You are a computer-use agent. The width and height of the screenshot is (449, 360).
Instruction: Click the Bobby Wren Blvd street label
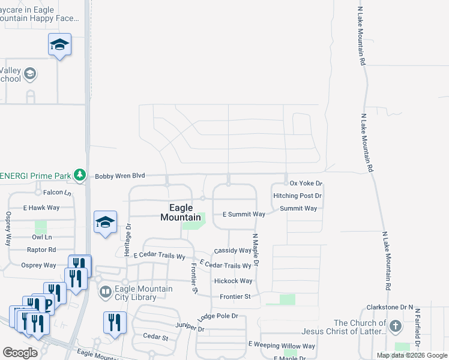[120, 176]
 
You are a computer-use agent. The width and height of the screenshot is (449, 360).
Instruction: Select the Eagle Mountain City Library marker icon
[106, 292]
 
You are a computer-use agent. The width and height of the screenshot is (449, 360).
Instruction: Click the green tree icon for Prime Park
[79, 175]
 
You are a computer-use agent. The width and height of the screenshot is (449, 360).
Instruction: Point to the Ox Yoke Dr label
[306, 183]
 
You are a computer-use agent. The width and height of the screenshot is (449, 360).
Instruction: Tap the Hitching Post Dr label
[298, 196]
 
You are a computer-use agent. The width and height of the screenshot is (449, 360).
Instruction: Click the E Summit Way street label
[244, 214]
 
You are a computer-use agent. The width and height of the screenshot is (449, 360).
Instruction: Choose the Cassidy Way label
[233, 250]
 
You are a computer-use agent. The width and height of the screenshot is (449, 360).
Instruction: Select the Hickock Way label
[233, 281]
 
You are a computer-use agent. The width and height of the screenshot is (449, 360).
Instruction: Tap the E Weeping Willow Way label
[282, 346]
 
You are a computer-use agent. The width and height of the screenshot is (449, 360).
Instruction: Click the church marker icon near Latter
[395, 326]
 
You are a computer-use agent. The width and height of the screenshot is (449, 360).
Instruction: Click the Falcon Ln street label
[57, 193]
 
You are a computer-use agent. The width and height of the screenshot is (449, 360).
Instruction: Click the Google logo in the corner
[20, 352]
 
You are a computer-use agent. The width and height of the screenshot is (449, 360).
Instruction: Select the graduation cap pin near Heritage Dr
[105, 223]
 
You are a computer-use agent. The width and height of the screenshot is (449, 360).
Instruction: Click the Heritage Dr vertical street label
[128, 240]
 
